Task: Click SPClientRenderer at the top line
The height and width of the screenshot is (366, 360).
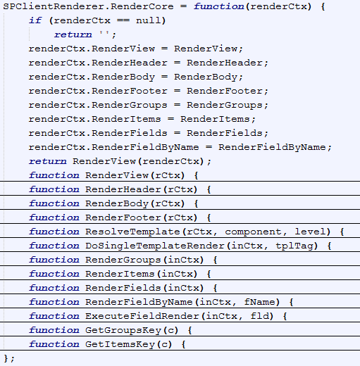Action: (54, 6)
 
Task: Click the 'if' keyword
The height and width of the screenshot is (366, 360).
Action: (35, 20)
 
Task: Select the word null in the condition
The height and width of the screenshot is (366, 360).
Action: (148, 20)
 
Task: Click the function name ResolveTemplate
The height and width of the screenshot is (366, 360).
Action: (132, 232)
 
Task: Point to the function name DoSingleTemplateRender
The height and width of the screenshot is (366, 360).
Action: (155, 246)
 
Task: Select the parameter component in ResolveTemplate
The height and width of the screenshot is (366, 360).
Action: (253, 232)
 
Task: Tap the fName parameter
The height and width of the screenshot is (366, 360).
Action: (260, 302)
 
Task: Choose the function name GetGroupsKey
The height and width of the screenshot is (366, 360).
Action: (123, 330)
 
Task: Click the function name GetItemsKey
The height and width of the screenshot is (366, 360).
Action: (120, 344)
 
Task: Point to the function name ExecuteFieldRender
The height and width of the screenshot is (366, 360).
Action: (142, 316)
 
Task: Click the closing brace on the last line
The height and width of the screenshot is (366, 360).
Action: (6, 358)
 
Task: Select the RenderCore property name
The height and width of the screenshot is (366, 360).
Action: (142, 6)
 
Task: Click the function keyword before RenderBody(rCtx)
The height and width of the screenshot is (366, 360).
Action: (54, 203)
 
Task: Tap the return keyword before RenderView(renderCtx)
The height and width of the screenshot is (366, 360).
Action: (48, 161)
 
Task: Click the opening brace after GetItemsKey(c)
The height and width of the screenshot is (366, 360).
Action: (183, 344)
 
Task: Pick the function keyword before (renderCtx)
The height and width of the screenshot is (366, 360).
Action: (219, 6)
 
